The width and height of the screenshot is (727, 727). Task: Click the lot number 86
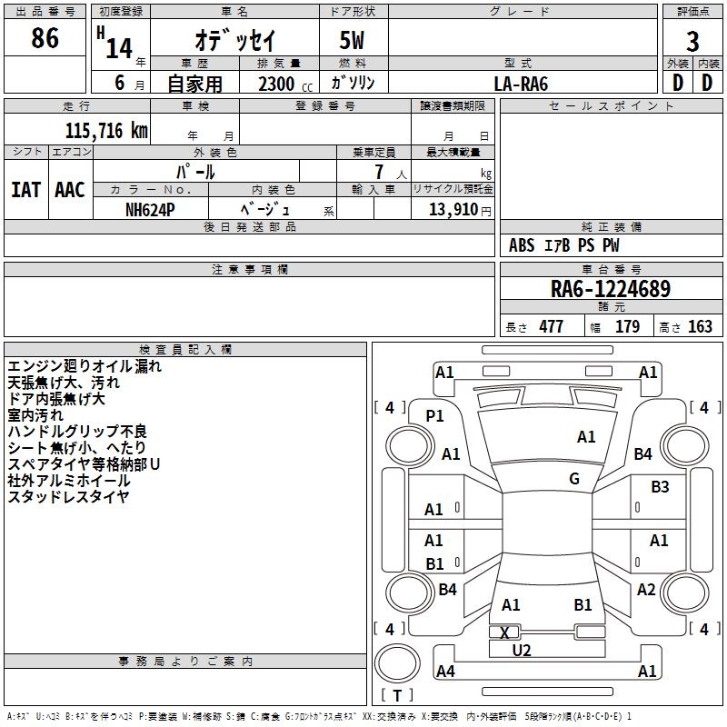pyautogui.click(x=45, y=38)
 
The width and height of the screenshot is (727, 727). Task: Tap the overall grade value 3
pyautogui.click(x=692, y=42)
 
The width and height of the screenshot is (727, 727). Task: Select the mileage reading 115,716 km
pyautogui.click(x=106, y=131)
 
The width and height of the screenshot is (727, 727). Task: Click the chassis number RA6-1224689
pyautogui.click(x=611, y=289)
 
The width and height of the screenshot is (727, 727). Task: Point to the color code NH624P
pyautogui.click(x=150, y=210)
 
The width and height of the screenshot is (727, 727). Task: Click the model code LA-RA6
pyautogui.click(x=521, y=84)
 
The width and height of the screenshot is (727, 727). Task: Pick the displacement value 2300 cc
pyautogui.click(x=285, y=84)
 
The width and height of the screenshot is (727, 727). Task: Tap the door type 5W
pyautogui.click(x=352, y=40)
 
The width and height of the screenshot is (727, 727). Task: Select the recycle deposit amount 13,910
pyautogui.click(x=453, y=210)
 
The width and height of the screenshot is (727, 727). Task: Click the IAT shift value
pyautogui.click(x=25, y=190)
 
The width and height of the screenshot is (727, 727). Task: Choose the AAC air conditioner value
pyautogui.click(x=70, y=190)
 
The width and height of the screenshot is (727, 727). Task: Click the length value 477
pyautogui.click(x=552, y=326)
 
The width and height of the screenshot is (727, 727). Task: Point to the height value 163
pyautogui.click(x=700, y=326)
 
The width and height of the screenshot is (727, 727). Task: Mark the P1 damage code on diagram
pyautogui.click(x=434, y=416)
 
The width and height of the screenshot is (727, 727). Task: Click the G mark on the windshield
pyautogui.click(x=574, y=478)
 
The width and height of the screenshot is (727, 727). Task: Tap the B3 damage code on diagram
pyautogui.click(x=660, y=487)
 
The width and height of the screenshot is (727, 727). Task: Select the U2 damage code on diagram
pyautogui.click(x=521, y=651)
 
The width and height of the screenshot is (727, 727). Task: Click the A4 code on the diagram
pyautogui.click(x=445, y=671)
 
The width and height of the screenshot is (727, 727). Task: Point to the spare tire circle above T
pyautogui.click(x=397, y=663)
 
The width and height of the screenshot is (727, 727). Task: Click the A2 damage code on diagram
pyautogui.click(x=646, y=589)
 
